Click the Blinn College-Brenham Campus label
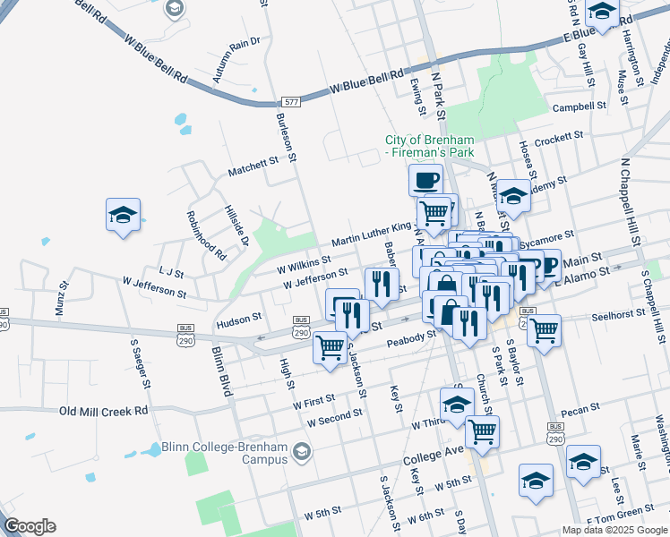click(225, 453)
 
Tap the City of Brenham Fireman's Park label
click(429, 146)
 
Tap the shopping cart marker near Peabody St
click(331, 345)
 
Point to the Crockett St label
click(558, 141)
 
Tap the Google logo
click(30, 526)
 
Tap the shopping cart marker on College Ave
click(483, 431)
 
